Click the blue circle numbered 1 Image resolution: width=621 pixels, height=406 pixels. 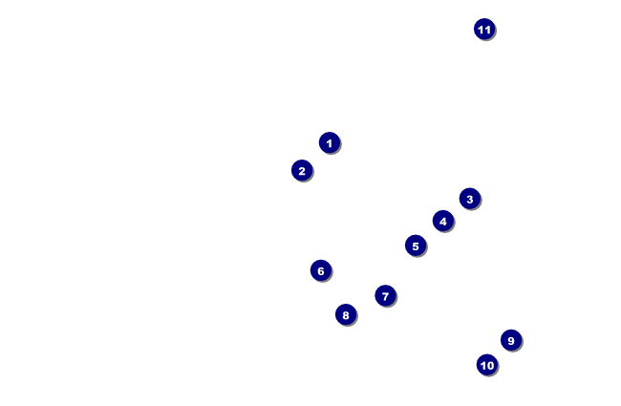click(x=329, y=142)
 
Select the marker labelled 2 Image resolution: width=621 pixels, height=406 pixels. click(x=302, y=170)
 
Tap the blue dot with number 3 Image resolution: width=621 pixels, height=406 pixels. click(x=469, y=199)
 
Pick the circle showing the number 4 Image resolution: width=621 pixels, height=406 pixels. click(x=442, y=221)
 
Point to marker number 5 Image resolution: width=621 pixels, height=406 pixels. click(x=415, y=246)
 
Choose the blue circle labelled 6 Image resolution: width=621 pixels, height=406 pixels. click(x=320, y=270)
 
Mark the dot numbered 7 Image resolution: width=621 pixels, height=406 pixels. click(x=385, y=295)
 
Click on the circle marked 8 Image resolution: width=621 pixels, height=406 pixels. click(x=346, y=314)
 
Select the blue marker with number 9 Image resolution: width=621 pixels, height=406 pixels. click(x=511, y=340)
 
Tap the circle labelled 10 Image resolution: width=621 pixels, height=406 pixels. click(x=487, y=364)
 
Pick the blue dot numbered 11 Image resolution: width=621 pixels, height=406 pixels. click(x=484, y=29)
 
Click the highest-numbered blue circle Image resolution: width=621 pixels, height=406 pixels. click(x=484, y=29)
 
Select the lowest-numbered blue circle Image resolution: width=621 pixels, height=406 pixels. click(x=329, y=142)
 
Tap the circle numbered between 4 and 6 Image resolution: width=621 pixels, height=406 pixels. click(x=415, y=246)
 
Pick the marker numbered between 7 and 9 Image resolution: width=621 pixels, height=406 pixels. click(x=346, y=314)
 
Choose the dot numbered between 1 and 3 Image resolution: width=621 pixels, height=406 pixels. click(x=302, y=170)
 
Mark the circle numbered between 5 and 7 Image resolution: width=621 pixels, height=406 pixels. click(x=320, y=270)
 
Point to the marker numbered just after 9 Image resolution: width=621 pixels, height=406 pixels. click(x=487, y=364)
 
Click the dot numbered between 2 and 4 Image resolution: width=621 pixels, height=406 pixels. click(x=469, y=199)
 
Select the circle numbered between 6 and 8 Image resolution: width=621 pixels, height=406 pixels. click(x=385, y=295)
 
